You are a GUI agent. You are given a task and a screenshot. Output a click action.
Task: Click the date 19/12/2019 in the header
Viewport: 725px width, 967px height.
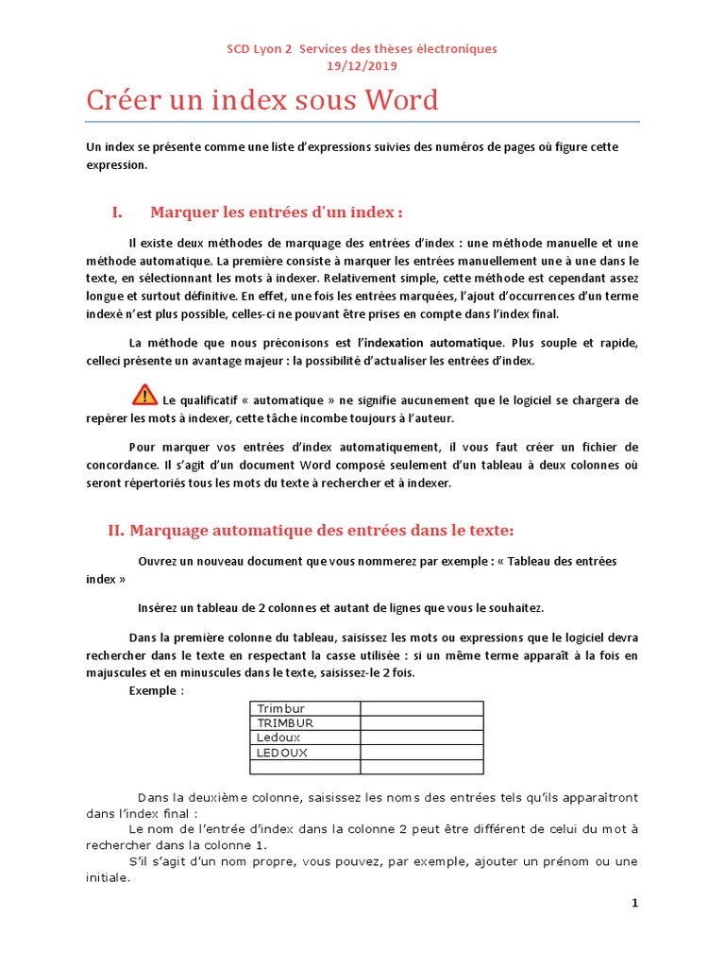coord(362,65)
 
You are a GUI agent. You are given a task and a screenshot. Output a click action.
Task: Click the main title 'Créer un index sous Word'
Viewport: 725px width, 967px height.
coord(262,100)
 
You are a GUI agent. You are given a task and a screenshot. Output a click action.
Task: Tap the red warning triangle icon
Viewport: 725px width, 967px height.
coord(144,395)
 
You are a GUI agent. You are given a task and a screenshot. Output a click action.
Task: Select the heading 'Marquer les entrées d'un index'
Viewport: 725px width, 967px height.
coord(282,212)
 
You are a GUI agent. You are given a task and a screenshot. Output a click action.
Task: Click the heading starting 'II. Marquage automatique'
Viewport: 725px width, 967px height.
coord(312,530)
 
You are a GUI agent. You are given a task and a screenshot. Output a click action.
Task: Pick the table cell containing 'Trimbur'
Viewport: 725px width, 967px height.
coord(304,708)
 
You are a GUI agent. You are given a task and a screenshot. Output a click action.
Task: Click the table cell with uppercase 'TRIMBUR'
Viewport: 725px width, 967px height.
coord(304,722)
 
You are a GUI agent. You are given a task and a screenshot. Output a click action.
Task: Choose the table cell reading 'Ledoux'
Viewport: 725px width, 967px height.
coord(304,738)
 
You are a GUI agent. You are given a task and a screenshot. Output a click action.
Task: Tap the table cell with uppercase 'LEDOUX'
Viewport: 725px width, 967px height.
coord(304,753)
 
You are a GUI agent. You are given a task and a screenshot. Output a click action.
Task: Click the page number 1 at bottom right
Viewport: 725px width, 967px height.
coord(635,904)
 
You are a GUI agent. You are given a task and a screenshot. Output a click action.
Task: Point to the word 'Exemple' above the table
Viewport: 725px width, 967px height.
coord(152,690)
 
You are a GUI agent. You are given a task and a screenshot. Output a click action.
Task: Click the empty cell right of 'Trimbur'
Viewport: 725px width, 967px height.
coord(420,708)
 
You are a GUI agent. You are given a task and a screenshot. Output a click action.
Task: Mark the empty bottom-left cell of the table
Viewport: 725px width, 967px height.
coord(304,767)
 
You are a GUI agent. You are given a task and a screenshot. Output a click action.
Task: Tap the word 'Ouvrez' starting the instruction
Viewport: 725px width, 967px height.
coord(158,561)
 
